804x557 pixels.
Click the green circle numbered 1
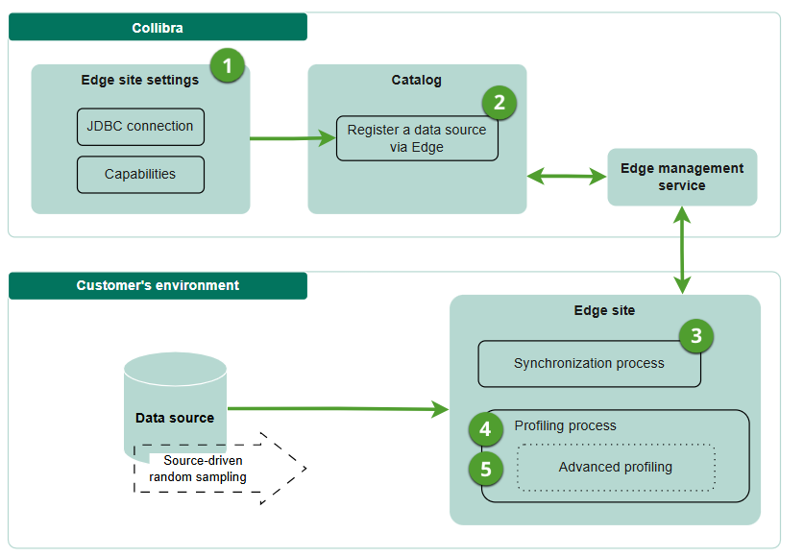coord(227,65)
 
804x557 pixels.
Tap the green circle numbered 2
coord(499,102)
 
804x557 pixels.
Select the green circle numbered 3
coord(696,336)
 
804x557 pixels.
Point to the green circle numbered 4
coord(486,428)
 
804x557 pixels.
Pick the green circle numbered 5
coord(486,470)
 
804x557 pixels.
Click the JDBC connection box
coord(140,127)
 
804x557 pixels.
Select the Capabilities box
coord(140,175)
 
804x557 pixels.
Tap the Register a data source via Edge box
coord(417,138)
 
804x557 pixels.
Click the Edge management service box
coord(682,177)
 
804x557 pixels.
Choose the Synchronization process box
coord(589,364)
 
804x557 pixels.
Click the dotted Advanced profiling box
coord(616,468)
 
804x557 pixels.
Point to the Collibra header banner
coord(158,28)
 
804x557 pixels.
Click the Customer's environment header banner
coord(158,285)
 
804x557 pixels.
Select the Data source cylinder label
coord(175,418)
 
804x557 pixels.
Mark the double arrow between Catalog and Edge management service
coord(567,176)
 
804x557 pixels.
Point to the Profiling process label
coord(566,425)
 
